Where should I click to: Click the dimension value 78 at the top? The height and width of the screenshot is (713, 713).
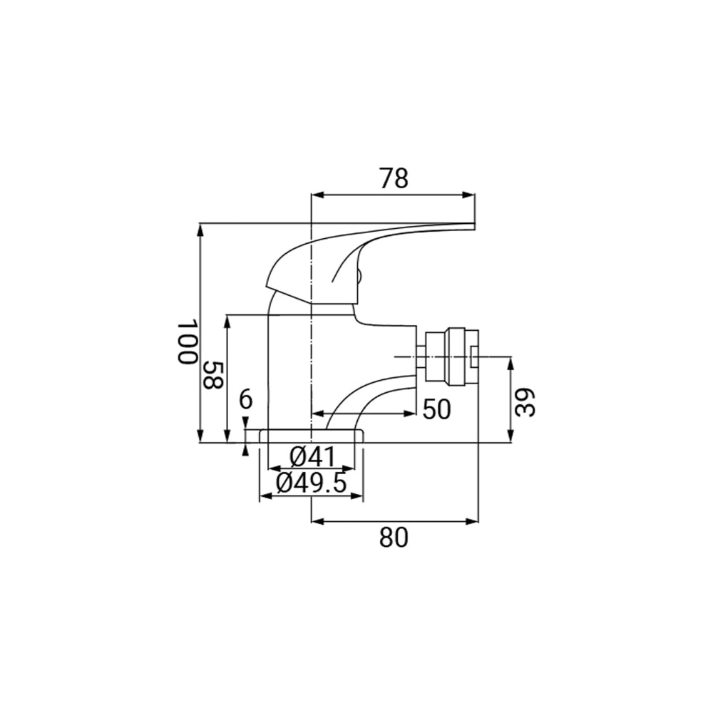[x=393, y=178]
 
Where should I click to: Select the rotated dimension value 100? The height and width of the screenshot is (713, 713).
[x=186, y=342]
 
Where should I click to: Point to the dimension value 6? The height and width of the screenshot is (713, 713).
[x=245, y=400]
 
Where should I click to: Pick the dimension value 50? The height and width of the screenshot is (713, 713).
[x=436, y=410]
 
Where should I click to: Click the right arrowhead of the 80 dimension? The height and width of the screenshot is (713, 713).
[x=472, y=521]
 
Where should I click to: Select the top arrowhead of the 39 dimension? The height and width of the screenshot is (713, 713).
[x=511, y=361]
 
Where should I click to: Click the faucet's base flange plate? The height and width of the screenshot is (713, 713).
[x=311, y=436]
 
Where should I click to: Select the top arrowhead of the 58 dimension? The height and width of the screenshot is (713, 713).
[x=227, y=319]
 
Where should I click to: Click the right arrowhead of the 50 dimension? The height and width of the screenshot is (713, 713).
[x=411, y=413]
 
